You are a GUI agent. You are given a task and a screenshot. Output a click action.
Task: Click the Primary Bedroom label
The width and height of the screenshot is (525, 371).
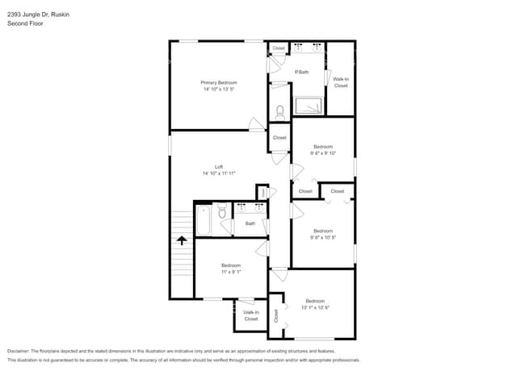[219, 82]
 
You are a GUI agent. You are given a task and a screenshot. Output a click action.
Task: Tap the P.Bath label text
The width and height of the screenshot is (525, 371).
[301, 73]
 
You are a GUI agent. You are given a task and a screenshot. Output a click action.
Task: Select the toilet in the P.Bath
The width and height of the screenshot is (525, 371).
[280, 111]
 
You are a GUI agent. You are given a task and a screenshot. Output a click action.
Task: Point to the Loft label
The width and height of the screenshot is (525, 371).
[218, 167]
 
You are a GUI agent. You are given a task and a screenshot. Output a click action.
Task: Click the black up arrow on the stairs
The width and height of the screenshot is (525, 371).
[182, 240]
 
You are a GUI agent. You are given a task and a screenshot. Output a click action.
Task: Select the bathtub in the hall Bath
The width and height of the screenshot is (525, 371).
[203, 219]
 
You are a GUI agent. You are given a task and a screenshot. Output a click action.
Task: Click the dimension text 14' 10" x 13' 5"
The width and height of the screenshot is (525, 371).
[219, 89]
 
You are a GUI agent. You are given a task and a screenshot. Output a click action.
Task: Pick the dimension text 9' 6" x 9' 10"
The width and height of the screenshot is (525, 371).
[322, 152]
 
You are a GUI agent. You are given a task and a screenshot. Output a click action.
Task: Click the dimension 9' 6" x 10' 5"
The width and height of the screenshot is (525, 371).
[322, 237]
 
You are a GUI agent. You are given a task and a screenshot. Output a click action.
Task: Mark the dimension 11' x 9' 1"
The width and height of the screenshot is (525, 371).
[231, 272]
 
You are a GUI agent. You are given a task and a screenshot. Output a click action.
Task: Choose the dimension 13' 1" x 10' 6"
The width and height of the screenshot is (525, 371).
[314, 306]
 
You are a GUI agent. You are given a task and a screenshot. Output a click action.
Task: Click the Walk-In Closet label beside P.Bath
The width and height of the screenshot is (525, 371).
[341, 82]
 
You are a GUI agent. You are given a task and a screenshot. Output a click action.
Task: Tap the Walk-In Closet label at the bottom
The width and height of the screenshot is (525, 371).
[251, 315]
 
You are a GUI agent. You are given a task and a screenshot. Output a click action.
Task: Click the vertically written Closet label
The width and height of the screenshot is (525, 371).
[275, 315]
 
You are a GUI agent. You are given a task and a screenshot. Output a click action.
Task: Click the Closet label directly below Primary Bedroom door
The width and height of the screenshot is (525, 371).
[279, 138]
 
